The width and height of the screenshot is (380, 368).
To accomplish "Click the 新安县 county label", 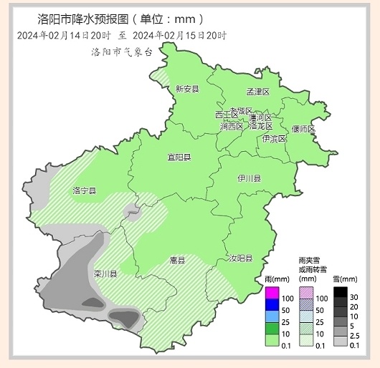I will click(x=187, y=89).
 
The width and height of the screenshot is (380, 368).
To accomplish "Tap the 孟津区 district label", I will click(x=257, y=92).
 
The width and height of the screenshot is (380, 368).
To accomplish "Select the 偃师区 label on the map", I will click(x=303, y=129).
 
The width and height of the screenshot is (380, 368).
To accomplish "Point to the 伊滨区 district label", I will click(x=274, y=138).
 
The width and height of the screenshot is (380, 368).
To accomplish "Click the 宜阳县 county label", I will click(x=179, y=157).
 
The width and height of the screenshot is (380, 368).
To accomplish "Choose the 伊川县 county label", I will click(x=250, y=178).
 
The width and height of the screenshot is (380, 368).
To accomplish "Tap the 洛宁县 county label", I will click(x=85, y=190).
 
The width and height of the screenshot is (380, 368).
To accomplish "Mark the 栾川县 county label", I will click(x=105, y=273).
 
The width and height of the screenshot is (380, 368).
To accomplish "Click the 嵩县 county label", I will click(x=177, y=260).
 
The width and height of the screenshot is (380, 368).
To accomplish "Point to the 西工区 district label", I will click(x=226, y=115).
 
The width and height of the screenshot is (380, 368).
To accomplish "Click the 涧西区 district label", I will click(x=232, y=126).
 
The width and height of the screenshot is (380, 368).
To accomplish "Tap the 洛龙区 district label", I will click(x=260, y=125).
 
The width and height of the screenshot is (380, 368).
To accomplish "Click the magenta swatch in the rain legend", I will click(x=272, y=293).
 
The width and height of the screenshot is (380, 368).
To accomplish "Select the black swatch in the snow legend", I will click(x=341, y=293).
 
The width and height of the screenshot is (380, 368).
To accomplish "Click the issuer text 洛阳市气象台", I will click(x=121, y=52).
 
